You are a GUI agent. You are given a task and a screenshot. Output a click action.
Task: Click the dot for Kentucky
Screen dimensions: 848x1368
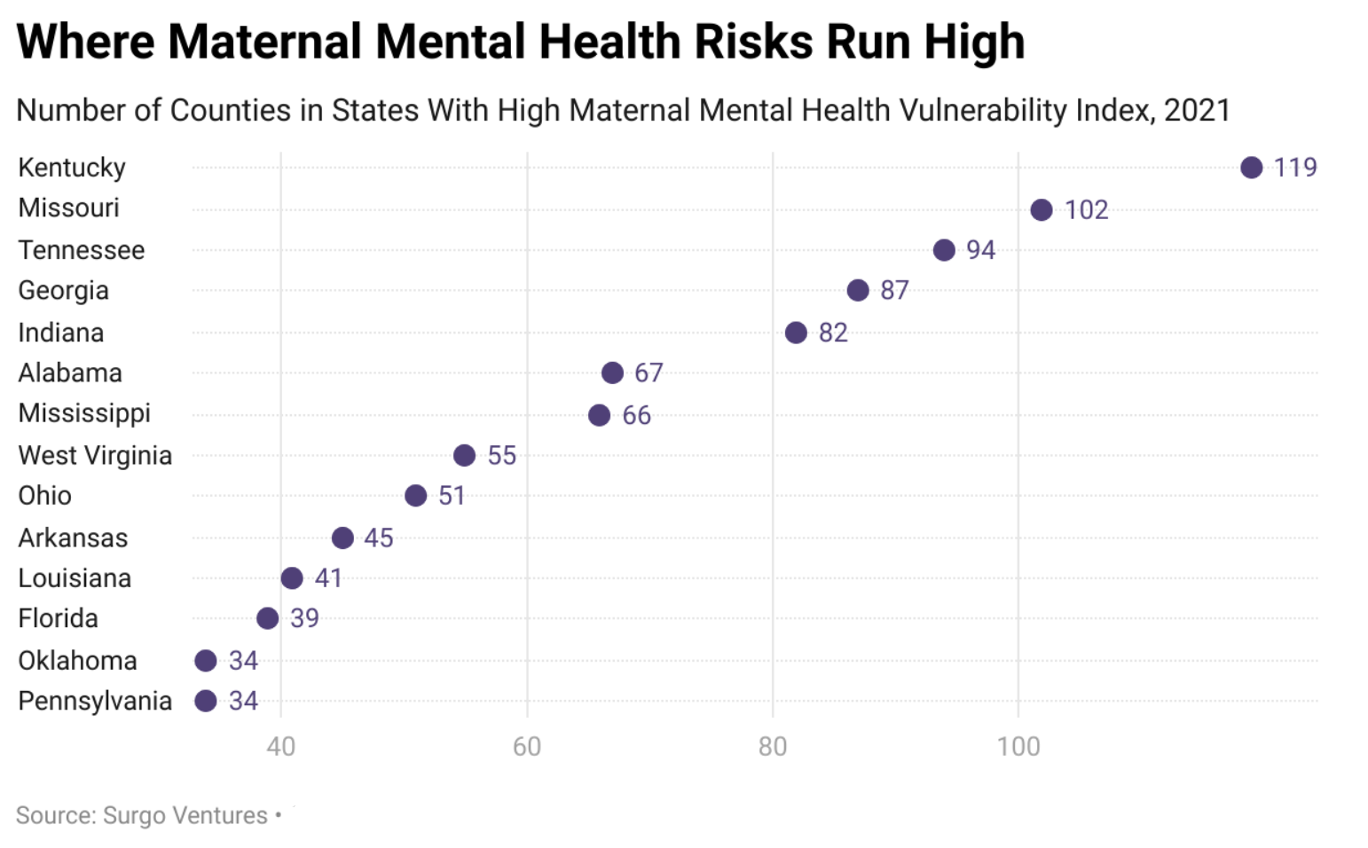click(1251, 168)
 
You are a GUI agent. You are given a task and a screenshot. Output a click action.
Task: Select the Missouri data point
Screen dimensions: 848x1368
click(1042, 210)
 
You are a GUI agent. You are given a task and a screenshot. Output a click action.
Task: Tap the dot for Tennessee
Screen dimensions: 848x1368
click(944, 250)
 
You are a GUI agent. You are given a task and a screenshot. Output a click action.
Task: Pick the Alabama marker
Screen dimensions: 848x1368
click(612, 373)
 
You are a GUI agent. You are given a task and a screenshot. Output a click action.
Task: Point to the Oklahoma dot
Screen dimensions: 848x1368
click(206, 661)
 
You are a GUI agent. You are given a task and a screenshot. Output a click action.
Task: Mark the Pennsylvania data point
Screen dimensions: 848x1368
click(206, 701)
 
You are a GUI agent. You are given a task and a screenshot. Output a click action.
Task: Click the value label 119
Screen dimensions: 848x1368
click(1295, 168)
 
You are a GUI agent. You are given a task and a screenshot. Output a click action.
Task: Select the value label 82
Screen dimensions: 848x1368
click(833, 333)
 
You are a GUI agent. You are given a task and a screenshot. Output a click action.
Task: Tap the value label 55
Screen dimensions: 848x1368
click(501, 456)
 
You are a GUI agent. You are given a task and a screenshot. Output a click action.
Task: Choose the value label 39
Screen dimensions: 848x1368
click(304, 618)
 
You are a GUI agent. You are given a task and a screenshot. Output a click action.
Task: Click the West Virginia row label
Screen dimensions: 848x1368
click(95, 456)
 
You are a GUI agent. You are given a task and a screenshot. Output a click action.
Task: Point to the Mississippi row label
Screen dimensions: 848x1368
click(84, 413)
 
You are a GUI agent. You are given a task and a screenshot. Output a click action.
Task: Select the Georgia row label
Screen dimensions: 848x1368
click(63, 291)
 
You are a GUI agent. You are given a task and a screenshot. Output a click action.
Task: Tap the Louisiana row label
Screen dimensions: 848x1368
click(75, 578)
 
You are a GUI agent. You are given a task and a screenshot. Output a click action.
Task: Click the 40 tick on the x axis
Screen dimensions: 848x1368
click(280, 746)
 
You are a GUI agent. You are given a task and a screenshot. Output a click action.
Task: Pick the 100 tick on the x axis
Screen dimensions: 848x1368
click(1018, 746)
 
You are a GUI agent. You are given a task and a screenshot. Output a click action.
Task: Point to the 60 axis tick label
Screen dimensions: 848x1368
click(526, 746)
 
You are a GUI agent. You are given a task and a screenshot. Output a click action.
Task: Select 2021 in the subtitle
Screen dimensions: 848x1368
click(1197, 110)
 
